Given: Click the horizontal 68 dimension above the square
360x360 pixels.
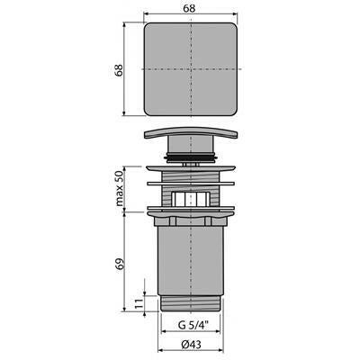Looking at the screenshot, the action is point(191,8).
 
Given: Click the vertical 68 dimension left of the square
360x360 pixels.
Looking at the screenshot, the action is point(119,70).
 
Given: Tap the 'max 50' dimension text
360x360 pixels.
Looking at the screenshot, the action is point(120,188).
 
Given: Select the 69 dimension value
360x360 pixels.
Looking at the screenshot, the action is point(120,263).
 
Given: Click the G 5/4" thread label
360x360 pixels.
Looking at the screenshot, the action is point(193,325).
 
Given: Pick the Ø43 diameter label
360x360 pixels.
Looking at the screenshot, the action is point(192,345).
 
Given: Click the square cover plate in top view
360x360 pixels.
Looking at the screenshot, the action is point(191,69).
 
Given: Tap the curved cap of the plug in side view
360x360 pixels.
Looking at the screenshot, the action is point(191,132).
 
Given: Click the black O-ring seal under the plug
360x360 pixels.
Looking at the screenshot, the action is point(191,157).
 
